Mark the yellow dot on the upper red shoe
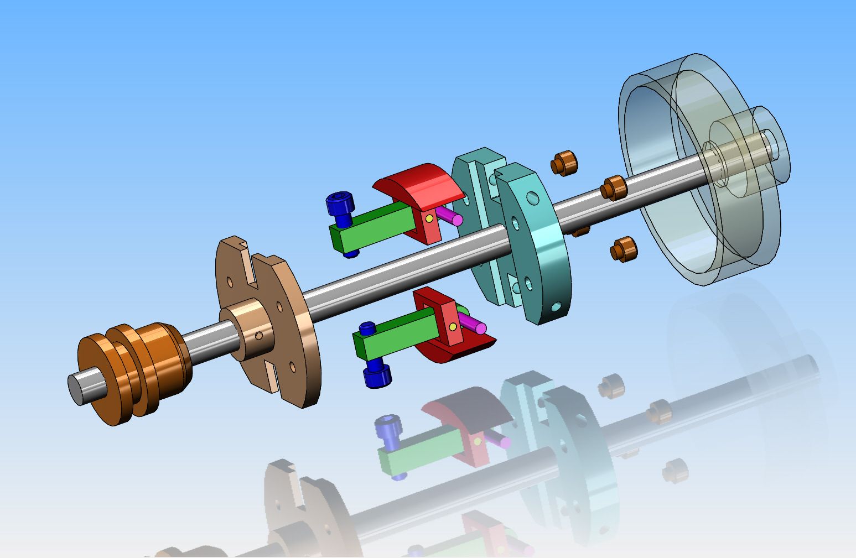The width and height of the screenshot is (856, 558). coord(429,219)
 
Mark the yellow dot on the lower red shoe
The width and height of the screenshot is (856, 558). coord(453,327)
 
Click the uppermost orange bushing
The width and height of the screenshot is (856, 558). coord(563,163)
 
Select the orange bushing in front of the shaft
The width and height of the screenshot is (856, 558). coord(614,187)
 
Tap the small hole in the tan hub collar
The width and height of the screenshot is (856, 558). coord(259,335)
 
